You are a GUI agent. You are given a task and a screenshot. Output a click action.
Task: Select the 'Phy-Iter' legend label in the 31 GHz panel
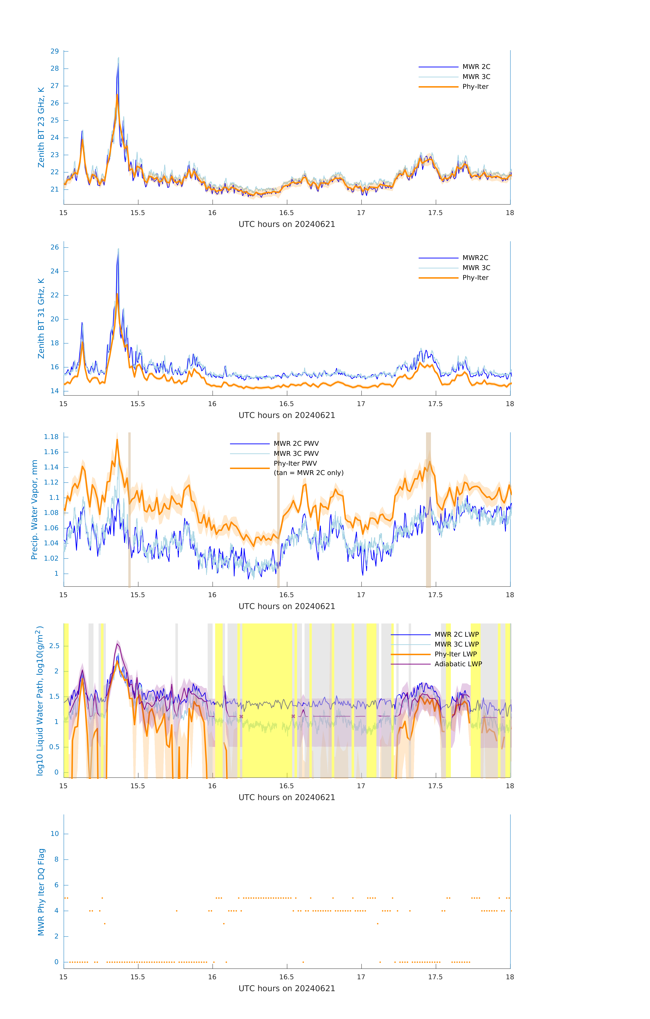[x=475, y=278]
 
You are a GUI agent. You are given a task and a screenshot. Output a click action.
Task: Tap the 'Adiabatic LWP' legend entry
[x=458, y=664]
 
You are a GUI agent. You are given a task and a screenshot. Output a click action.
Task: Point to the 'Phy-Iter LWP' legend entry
[x=456, y=654]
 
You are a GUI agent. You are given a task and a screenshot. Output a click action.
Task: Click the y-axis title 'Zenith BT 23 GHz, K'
[x=41, y=127]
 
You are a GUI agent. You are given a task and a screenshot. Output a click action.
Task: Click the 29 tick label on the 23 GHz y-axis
[x=55, y=51]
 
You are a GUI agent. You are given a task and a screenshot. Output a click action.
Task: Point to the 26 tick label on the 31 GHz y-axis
[x=55, y=247]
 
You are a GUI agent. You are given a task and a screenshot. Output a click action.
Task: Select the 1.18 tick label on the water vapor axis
[x=51, y=437]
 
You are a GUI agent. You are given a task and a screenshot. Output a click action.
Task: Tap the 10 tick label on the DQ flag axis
[x=55, y=834]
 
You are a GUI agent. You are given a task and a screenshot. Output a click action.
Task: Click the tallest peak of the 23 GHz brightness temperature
[x=118, y=58]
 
